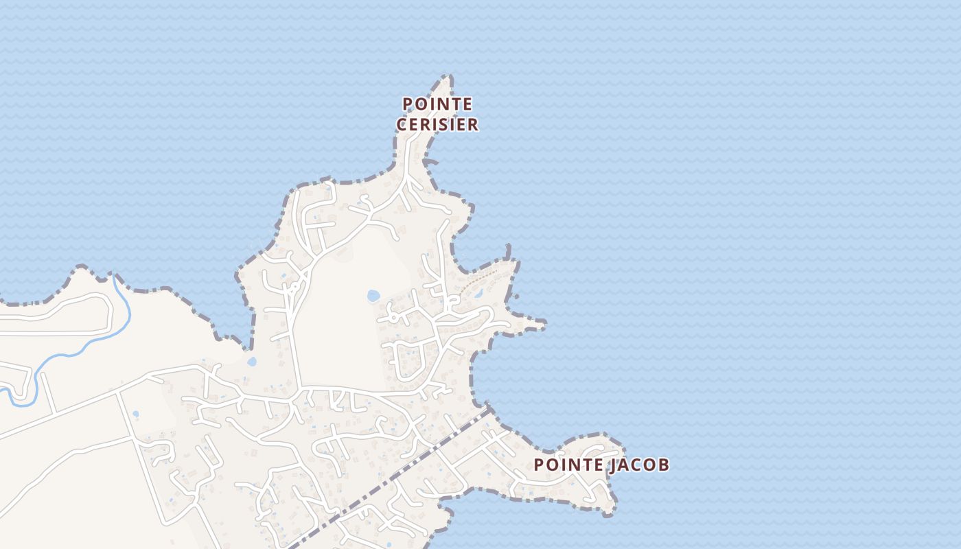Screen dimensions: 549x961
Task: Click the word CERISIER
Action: pyautogui.click(x=437, y=125)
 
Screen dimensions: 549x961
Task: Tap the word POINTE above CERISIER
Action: pyautogui.click(x=437, y=104)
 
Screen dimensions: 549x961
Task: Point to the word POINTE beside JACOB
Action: pyautogui.click(x=568, y=465)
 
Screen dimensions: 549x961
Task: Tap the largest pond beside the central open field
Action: pyautogui.click(x=373, y=296)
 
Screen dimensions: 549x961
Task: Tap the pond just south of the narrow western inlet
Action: pyautogui.click(x=252, y=361)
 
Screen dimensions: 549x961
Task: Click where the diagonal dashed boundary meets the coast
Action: pyautogui.click(x=489, y=409)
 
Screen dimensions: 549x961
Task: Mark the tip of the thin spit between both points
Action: pyautogui.click(x=544, y=322)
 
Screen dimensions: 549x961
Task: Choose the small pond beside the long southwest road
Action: pyautogui.click(x=135, y=414)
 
